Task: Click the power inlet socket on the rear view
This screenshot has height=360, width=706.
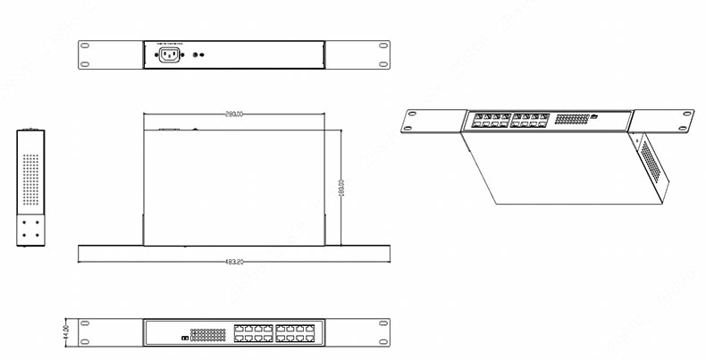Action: [x=169, y=55]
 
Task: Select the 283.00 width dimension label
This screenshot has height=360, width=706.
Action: [x=234, y=114]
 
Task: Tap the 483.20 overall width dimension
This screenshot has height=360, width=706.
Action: [x=234, y=262]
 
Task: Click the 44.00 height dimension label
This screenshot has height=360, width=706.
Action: [x=65, y=333]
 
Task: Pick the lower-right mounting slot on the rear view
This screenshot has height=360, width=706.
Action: [x=382, y=63]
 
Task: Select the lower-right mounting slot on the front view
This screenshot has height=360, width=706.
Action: [x=382, y=342]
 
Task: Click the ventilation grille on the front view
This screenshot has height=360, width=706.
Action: [x=207, y=335]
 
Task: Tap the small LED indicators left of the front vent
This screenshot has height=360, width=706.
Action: [x=183, y=339]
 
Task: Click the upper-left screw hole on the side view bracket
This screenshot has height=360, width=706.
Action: [x=25, y=221]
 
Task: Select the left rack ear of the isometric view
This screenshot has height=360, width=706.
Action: [x=433, y=119]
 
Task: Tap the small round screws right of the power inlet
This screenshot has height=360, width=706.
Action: [x=201, y=54]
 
